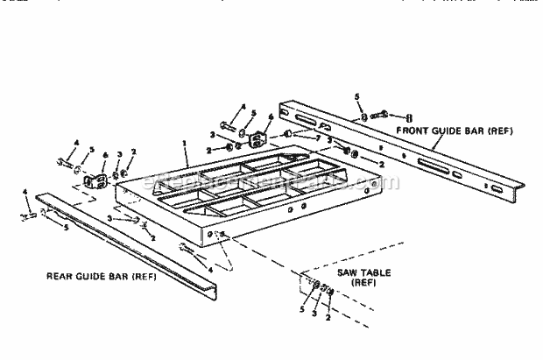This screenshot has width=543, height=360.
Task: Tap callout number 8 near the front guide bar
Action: pos(410,115)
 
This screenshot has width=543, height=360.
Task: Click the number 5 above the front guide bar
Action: pos(356,96)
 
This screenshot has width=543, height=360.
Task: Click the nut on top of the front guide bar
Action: pos(360,116)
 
